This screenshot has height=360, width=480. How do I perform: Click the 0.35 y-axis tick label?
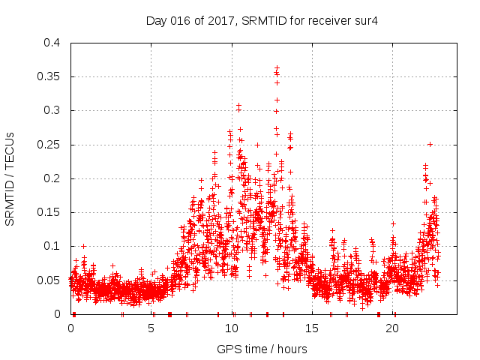coord(49,76)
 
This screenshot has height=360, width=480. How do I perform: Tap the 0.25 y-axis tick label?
coord(49,145)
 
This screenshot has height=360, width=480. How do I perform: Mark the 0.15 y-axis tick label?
coord(49,212)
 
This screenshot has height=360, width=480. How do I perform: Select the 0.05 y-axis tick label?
coord(49,280)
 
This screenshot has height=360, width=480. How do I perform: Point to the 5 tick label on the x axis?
coord(151,328)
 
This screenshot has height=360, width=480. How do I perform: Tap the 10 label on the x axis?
coord(232,328)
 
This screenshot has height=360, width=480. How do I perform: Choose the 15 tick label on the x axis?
coord(313,328)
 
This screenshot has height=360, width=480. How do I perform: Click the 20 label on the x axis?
coord(394,328)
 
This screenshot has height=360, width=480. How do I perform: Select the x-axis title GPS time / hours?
coord(262,349)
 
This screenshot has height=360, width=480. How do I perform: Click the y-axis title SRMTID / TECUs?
coord(10,178)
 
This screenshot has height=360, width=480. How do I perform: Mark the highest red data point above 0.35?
coord(277,67)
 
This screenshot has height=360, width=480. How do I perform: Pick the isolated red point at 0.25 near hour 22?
coord(430,144)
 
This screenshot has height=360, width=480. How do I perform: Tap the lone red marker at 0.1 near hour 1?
coord(83,246)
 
